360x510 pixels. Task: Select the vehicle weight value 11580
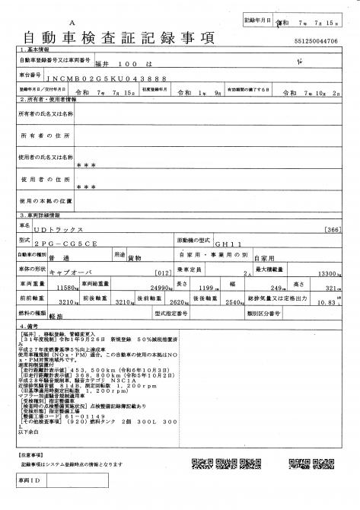coord(70,288)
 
